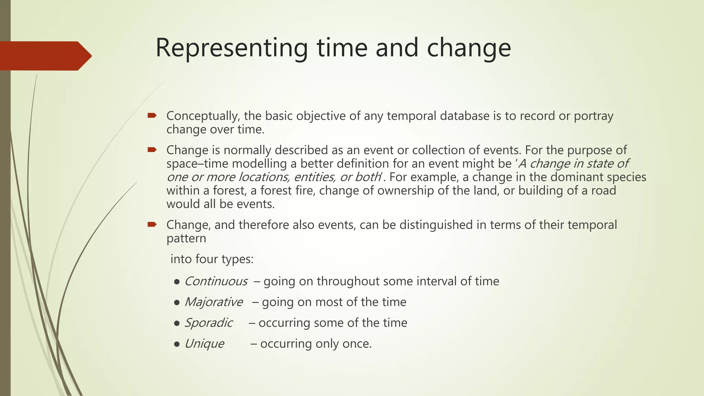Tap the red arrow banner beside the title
point(45,56)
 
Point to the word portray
point(593,116)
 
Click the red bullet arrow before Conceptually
point(152,115)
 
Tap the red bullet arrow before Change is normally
point(152,150)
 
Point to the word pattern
point(186,239)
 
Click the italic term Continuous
point(216,282)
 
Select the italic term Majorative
point(213,302)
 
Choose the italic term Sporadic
point(208,323)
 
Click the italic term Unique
point(204,344)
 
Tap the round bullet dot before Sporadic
point(177,323)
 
